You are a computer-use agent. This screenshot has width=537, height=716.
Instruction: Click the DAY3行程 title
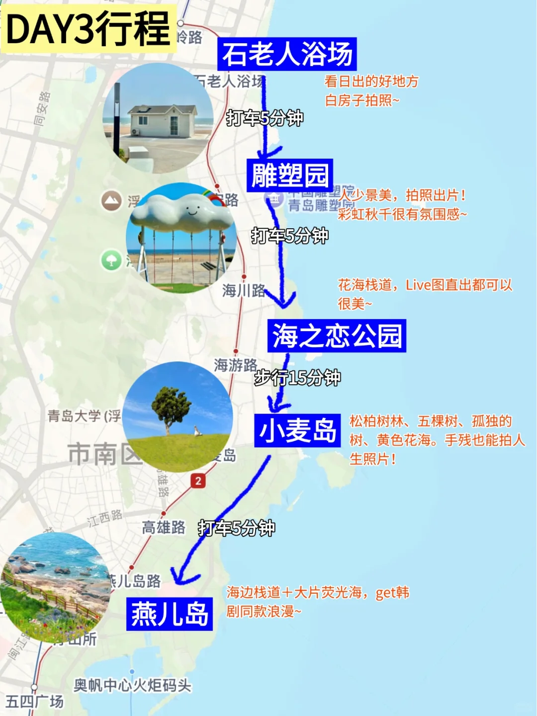(89, 29)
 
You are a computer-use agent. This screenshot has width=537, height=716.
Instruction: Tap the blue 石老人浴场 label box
(287, 54)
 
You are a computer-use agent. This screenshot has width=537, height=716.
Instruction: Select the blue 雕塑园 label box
(290, 175)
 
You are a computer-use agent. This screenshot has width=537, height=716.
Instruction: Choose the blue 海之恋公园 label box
(337, 336)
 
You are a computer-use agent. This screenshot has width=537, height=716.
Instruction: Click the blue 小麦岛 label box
(297, 431)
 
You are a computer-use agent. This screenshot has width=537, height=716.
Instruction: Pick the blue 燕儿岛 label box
(170, 614)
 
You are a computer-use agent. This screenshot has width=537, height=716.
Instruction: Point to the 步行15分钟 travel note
(297, 378)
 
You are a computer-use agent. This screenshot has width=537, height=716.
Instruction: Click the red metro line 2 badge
(198, 481)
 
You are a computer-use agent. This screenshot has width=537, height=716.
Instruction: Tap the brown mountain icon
(111, 200)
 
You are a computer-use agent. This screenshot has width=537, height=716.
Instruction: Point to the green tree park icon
(111, 260)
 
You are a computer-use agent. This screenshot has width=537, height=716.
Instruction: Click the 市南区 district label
(104, 454)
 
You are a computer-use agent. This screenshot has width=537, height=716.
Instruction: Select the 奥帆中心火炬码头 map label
(132, 686)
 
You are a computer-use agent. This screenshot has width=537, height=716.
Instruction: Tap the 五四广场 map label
(35, 702)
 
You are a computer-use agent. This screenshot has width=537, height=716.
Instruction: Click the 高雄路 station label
(164, 527)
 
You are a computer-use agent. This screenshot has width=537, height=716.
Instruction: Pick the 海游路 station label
(235, 365)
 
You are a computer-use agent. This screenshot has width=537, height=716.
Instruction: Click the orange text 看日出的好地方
(371, 81)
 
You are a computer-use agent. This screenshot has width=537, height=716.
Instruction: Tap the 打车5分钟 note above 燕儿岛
(236, 528)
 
